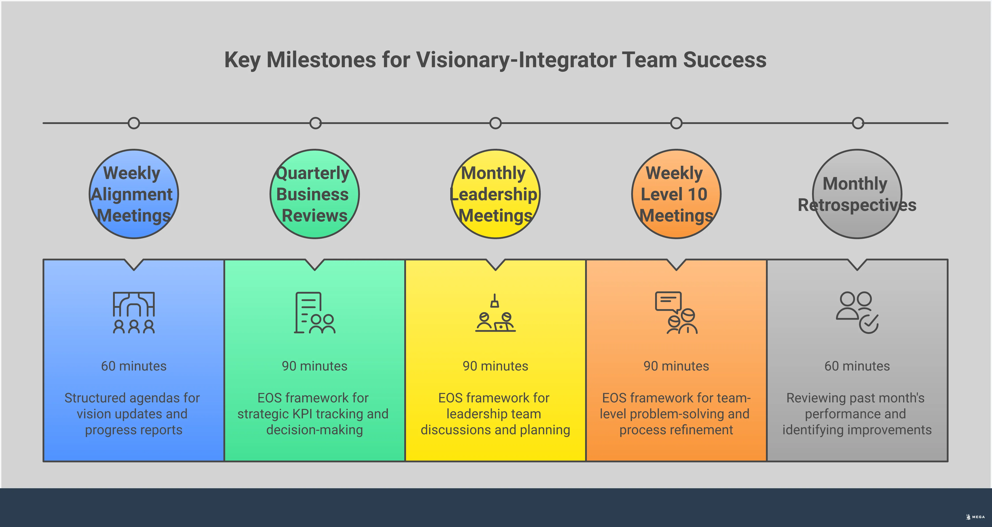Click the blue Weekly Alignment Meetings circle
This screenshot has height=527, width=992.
point(134,194)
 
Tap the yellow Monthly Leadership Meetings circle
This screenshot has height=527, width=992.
point(495,194)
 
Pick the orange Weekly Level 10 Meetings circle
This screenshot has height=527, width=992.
point(676,194)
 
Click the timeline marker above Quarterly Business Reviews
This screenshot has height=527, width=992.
point(315,123)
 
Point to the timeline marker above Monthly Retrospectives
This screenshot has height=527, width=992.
point(858,123)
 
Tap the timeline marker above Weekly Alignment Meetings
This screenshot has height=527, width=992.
point(134,123)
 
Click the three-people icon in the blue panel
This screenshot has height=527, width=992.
point(134,312)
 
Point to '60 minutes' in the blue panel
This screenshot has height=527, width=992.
point(134,366)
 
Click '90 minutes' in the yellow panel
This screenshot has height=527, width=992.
point(495,366)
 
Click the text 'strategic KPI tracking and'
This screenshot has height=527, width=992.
point(313,414)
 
